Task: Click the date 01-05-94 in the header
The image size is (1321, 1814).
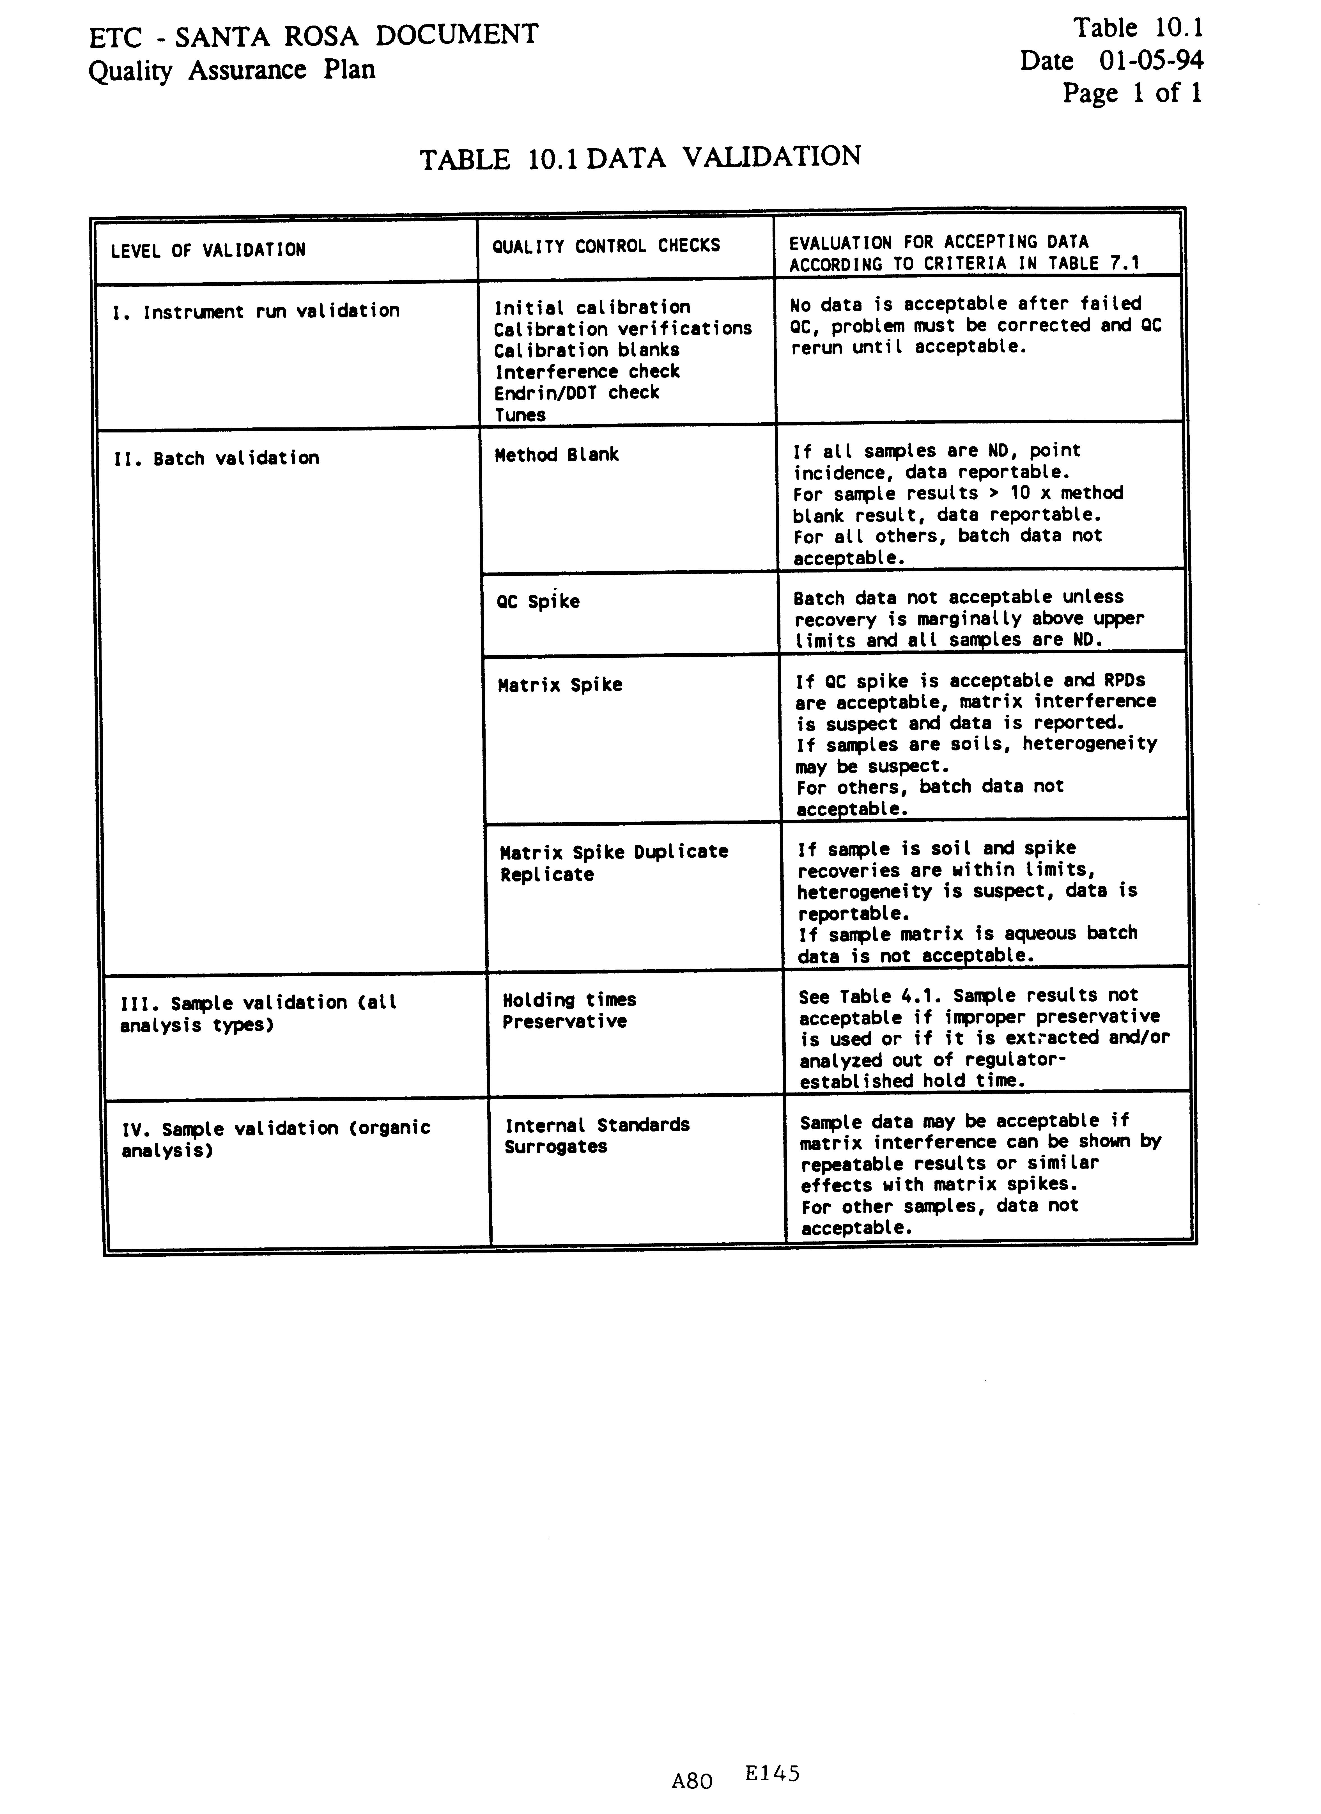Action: point(1151,61)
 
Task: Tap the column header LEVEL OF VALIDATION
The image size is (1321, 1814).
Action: point(208,250)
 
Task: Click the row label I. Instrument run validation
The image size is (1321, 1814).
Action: point(256,311)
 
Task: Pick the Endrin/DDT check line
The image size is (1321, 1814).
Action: point(576,393)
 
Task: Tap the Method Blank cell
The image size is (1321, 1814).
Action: point(557,455)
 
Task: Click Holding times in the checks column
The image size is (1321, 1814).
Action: point(569,1000)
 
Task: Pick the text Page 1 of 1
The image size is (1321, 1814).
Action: point(1131,93)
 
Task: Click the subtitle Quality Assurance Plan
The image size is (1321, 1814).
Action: point(232,70)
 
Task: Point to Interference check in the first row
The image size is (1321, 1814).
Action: point(587,372)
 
